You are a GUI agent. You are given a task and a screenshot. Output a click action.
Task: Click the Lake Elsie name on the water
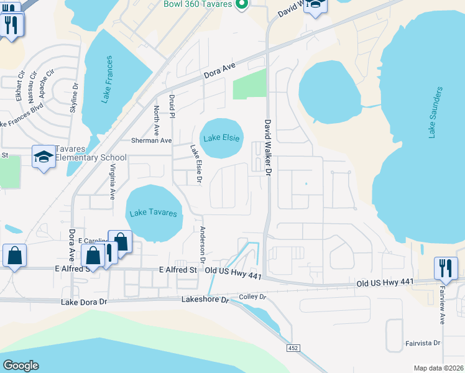(x=221, y=138)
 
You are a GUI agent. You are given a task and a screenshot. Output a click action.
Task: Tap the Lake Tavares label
(x=153, y=213)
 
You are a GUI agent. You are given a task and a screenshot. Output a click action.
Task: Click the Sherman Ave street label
(x=151, y=140)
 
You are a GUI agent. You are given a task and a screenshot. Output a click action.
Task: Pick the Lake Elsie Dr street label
(x=196, y=164)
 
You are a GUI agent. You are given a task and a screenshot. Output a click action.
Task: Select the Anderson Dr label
(x=203, y=243)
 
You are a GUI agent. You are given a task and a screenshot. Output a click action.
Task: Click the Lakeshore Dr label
(x=205, y=300)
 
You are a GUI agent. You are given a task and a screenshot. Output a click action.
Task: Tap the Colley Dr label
(x=252, y=297)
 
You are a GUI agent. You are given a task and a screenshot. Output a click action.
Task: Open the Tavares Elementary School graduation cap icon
(x=44, y=157)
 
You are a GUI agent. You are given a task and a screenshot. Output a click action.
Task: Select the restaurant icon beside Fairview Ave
(x=446, y=268)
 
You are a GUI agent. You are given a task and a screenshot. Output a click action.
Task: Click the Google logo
(x=21, y=366)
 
